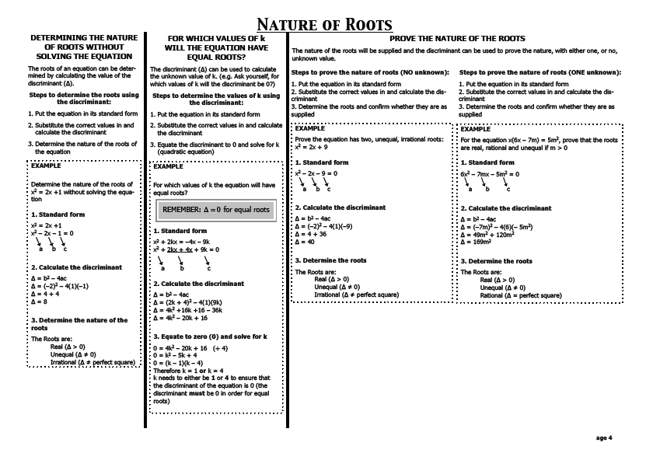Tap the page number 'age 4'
point(605,438)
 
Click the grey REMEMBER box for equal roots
point(215,210)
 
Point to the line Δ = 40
point(306,242)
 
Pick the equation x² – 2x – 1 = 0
point(52,233)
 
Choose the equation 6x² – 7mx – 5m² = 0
point(490,174)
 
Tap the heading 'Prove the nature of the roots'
point(456,38)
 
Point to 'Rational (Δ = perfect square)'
point(521,295)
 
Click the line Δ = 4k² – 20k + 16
point(180,318)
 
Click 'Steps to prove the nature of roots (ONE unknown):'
point(539,71)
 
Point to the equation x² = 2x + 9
point(312,146)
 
